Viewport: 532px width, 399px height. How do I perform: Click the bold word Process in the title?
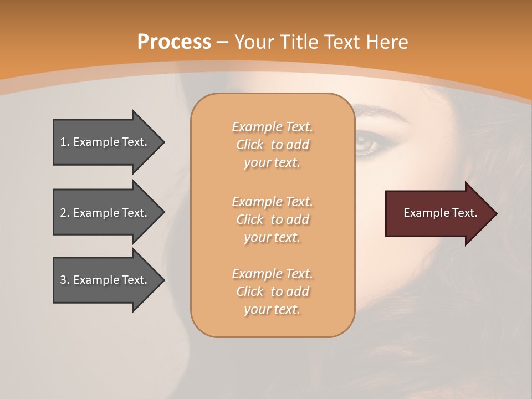pos(174,42)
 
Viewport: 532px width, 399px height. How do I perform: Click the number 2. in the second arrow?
pos(65,213)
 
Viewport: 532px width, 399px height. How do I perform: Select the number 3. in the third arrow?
pos(65,280)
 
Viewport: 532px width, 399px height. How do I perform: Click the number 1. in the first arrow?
pos(65,142)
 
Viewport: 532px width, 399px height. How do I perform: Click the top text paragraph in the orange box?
pos(272,145)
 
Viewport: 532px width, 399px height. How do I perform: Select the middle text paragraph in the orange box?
pos(272,219)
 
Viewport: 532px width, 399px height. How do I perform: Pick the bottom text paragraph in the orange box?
pos(272,291)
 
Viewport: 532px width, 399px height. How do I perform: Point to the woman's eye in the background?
pos(367,144)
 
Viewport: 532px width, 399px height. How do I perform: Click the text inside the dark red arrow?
pos(441,213)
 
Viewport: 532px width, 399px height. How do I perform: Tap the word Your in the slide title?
pos(258,42)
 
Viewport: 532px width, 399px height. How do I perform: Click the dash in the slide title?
pos(223,43)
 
